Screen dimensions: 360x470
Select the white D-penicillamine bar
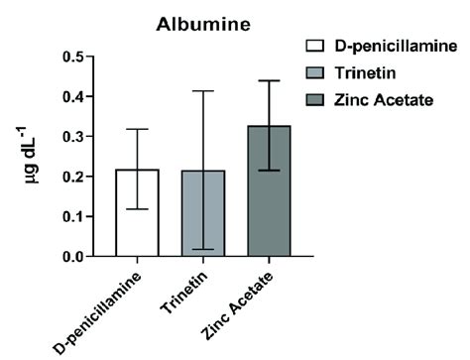[138, 213]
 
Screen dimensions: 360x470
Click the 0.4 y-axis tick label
[72, 96]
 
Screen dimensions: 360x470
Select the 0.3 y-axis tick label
[72, 137]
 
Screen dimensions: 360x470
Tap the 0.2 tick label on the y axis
[72, 177]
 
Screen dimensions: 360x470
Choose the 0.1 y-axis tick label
[72, 216]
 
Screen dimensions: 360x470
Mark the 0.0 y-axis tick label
[72, 257]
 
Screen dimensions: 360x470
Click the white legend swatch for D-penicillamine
[316, 46]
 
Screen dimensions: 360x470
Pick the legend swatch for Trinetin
[316, 72]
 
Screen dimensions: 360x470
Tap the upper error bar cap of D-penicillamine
[138, 129]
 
